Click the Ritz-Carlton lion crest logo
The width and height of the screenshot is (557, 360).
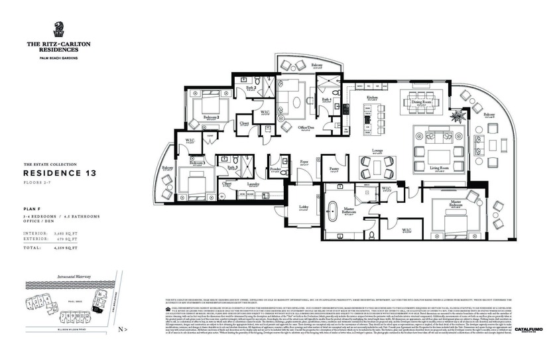point(58,30)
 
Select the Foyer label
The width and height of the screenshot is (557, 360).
point(304,161)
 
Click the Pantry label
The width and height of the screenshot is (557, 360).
point(334,168)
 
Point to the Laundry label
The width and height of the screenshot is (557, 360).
point(253,184)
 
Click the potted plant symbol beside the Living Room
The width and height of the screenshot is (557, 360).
point(458,117)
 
